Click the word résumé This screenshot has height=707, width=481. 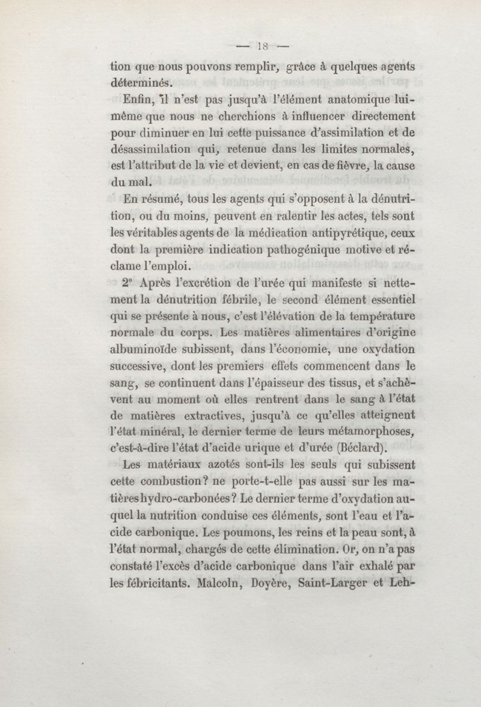(161, 199)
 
